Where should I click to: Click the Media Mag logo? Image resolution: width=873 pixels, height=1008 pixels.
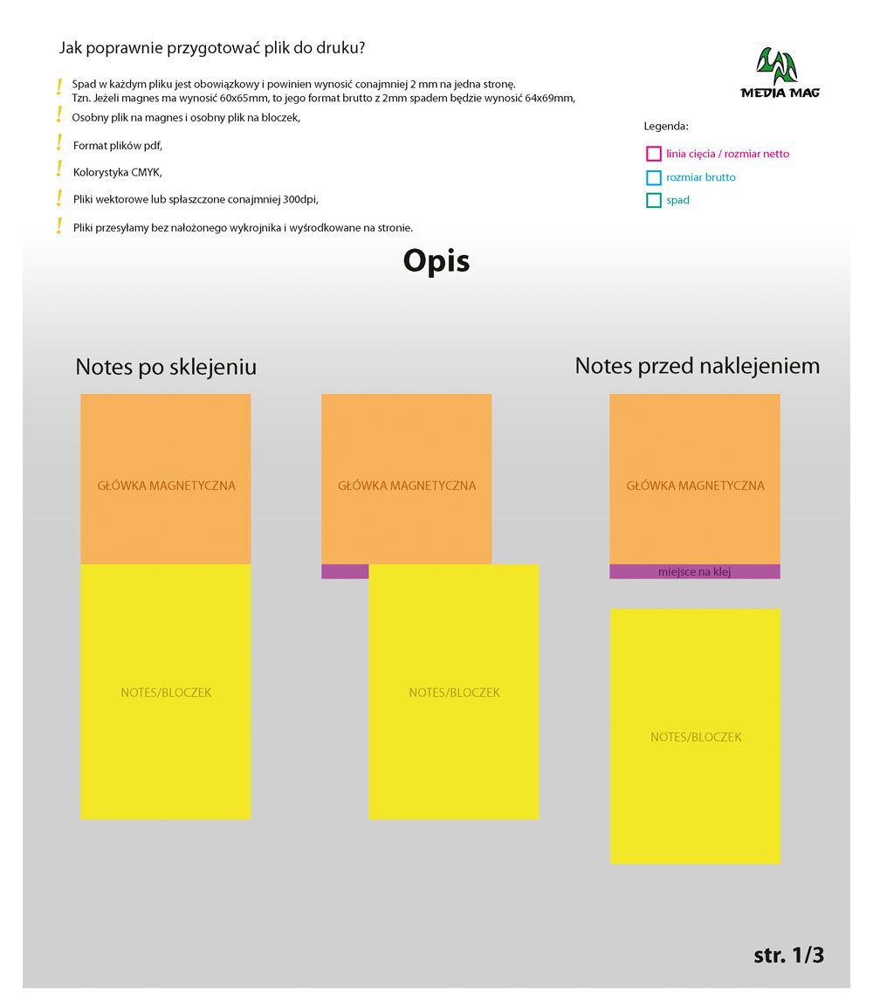(x=779, y=72)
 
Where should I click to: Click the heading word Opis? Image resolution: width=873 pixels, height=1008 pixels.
(x=436, y=261)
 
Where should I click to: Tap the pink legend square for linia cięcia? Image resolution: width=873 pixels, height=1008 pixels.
(x=653, y=154)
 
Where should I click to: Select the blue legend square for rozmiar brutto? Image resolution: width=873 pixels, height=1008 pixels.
(x=653, y=177)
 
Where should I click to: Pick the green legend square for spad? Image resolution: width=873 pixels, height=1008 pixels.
(x=653, y=200)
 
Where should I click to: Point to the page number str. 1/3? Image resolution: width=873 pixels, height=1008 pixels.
(x=788, y=955)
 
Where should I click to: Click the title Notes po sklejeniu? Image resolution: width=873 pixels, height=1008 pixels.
(x=166, y=366)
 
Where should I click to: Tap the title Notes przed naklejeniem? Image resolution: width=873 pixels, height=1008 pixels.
(x=697, y=365)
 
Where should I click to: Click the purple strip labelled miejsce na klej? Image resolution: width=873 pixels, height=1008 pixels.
(x=694, y=572)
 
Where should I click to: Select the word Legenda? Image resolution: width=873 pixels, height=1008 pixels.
(x=666, y=126)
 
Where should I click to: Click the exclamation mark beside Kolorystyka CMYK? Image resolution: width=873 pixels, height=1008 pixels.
(x=59, y=169)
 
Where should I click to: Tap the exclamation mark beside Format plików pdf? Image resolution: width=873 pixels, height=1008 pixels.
(x=59, y=142)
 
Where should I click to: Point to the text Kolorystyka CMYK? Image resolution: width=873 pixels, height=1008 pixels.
(x=118, y=172)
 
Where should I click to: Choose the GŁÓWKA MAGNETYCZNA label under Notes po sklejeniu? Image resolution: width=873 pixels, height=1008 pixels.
(x=166, y=486)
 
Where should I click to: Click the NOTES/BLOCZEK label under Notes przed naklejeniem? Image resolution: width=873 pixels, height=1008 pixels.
(x=696, y=737)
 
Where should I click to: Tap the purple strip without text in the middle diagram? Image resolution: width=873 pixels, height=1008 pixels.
(x=345, y=572)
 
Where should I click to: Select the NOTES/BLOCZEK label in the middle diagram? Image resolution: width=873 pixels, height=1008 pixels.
(x=454, y=693)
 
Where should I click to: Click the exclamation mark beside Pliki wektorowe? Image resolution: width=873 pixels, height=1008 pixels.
(x=59, y=197)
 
